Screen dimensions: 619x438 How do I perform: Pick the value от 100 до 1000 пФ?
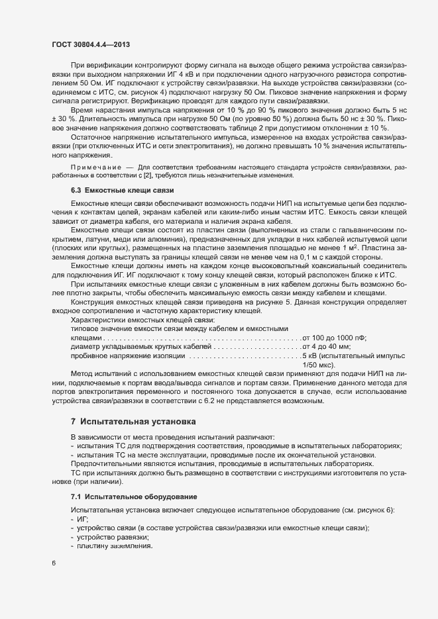pyautogui.click(x=335, y=338)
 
